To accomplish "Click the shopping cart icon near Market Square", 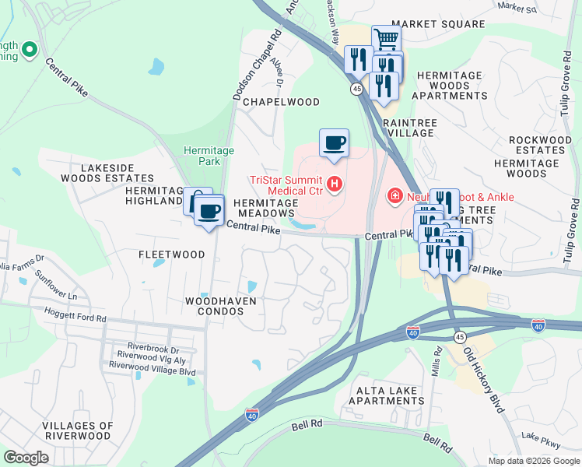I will point(385,38).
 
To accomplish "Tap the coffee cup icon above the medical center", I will point(334,142).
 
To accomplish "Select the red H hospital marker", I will point(335,184).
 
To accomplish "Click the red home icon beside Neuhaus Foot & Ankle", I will point(395,196).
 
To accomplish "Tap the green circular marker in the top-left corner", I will point(30,51).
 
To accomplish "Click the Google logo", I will point(26,458).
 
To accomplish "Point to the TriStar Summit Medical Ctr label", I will point(285,184).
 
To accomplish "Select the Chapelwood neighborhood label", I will point(281,102).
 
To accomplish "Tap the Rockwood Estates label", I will point(540,145).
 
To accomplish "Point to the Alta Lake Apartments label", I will point(386,395).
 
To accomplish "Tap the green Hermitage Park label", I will point(202,156).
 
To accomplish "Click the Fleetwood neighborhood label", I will point(171,255).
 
